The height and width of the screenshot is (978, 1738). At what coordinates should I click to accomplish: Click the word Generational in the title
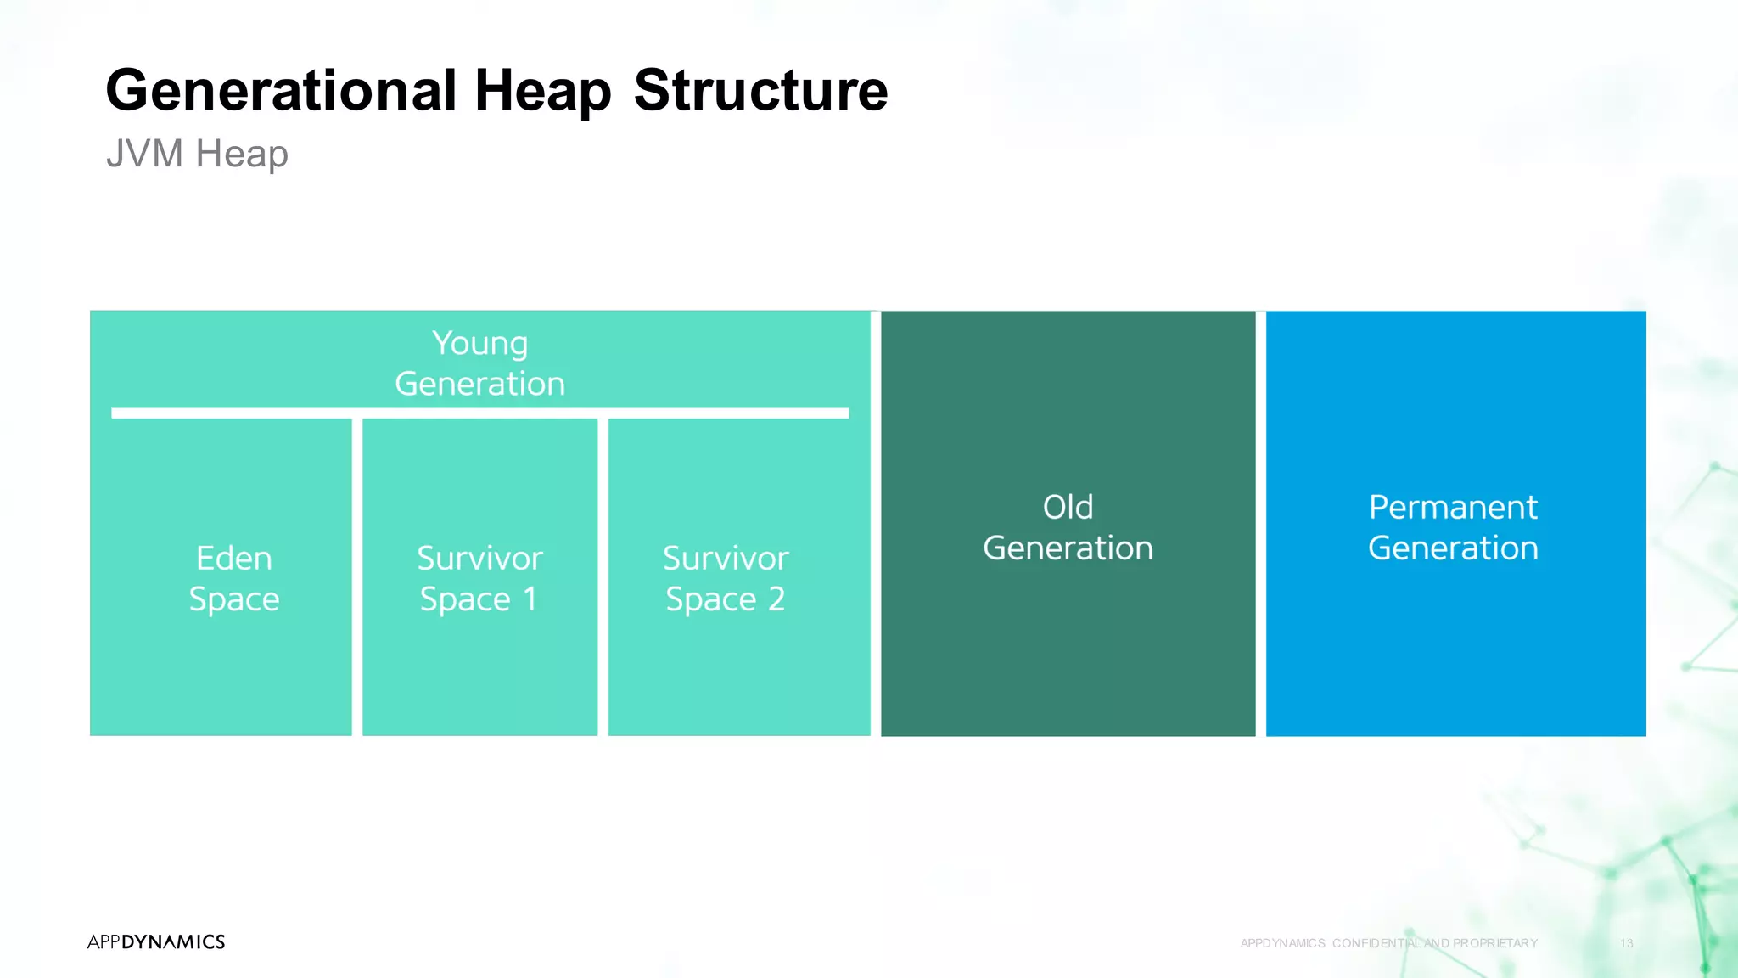pyautogui.click(x=280, y=90)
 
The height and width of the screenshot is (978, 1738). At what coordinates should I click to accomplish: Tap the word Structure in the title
pyautogui.click(x=760, y=90)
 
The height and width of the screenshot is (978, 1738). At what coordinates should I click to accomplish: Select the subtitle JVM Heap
pyautogui.click(x=197, y=154)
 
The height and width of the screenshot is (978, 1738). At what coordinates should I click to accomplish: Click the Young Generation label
pyautogui.click(x=479, y=363)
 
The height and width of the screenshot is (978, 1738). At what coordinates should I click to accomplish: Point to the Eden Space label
pyautogui.click(x=233, y=578)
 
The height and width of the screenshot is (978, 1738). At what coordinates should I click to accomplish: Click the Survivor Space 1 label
pyautogui.click(x=479, y=578)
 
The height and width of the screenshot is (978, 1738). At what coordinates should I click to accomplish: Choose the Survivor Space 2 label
pyautogui.click(x=726, y=578)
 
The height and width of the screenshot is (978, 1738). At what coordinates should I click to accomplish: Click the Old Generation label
pyautogui.click(x=1068, y=527)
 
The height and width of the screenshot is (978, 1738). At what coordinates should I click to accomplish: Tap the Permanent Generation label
pyautogui.click(x=1453, y=527)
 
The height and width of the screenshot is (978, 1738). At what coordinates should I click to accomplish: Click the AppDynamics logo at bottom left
pyautogui.click(x=156, y=941)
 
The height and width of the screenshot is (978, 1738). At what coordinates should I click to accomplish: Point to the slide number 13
pyautogui.click(x=1626, y=943)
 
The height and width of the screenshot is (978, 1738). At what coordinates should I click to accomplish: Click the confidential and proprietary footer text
pyautogui.click(x=1388, y=943)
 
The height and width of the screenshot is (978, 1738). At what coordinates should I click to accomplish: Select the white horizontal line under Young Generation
pyautogui.click(x=479, y=413)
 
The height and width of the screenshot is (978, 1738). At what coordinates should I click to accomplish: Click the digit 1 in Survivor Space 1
pyautogui.click(x=530, y=599)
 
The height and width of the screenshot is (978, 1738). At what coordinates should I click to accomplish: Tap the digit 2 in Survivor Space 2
pyautogui.click(x=776, y=599)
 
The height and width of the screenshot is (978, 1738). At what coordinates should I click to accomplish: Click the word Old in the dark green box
pyautogui.click(x=1068, y=507)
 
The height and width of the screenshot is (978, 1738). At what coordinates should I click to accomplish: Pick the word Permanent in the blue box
pyautogui.click(x=1453, y=507)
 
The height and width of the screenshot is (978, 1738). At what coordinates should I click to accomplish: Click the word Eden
pyautogui.click(x=233, y=558)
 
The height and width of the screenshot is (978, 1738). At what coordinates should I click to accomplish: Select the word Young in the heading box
pyautogui.click(x=479, y=343)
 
